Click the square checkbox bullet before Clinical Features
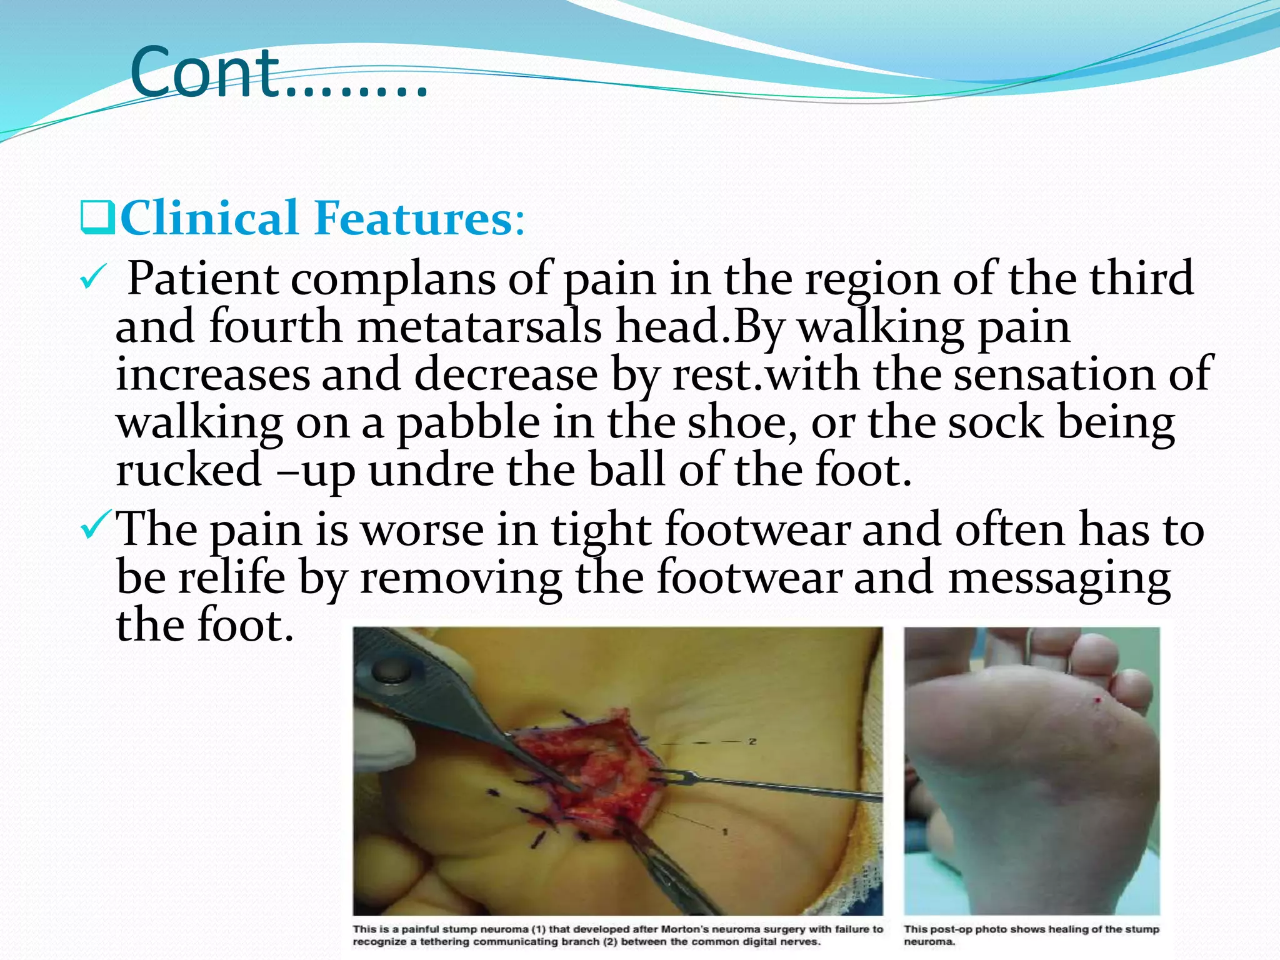pos(97,217)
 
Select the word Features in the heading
pos(412,217)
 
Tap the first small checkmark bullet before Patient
pos(91,279)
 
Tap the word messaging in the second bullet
pos(1059,578)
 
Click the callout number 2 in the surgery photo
pos(752,742)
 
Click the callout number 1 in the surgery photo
pos(725,832)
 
